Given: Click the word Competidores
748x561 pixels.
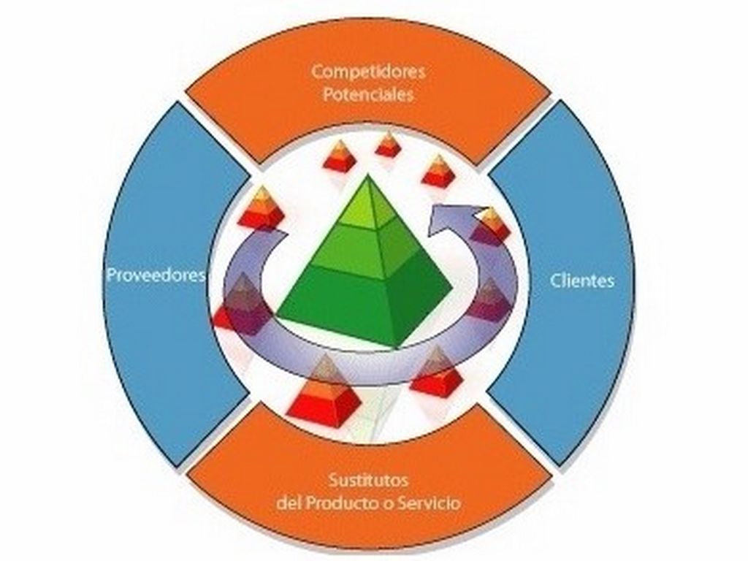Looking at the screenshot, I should tap(368, 72).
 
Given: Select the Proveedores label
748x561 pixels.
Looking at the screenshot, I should tap(156, 276).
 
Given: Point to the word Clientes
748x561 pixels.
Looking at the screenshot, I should tap(581, 280).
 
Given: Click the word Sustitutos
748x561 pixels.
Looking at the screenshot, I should tap(368, 481).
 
